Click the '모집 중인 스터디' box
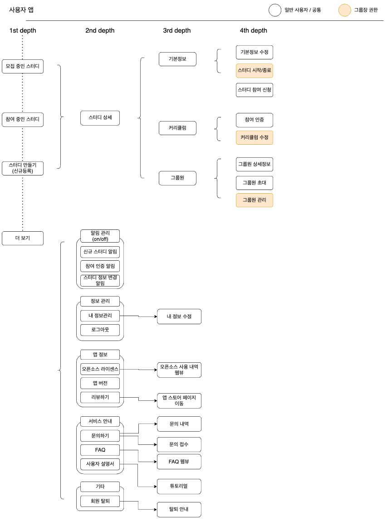coord(23,66)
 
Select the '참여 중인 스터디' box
coord(23,120)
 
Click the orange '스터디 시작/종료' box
coord(255,70)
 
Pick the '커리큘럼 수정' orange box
coord(255,137)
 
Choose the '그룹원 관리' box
coord(255,200)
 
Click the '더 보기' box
coord(23,238)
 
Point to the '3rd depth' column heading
coord(177,31)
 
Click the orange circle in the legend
coord(345,10)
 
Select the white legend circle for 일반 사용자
coord(274,10)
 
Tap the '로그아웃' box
coord(100,330)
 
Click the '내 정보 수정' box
coord(179,317)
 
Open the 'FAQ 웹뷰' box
coord(179,462)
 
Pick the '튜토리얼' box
coord(179,486)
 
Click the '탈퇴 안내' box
coord(179,509)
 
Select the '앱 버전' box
coord(100,383)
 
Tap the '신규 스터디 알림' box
coord(100,252)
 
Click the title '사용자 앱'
coord(21,10)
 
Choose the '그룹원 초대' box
coord(255,183)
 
